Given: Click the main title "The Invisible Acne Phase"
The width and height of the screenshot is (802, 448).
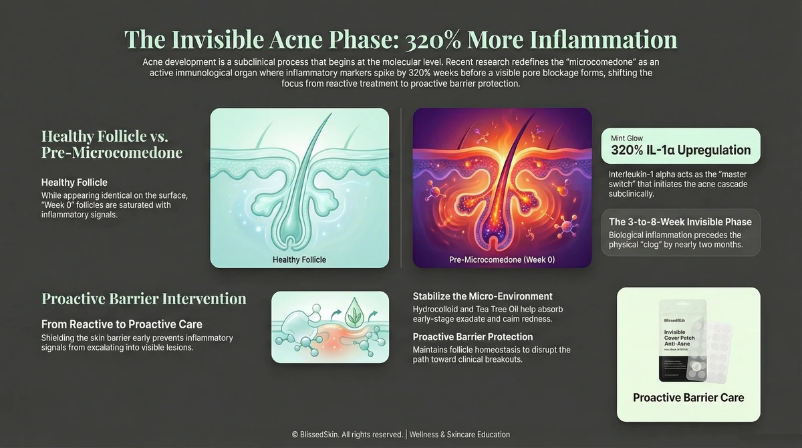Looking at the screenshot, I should (400, 39).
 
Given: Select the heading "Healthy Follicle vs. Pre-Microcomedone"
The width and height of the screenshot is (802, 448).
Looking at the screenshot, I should (112, 144).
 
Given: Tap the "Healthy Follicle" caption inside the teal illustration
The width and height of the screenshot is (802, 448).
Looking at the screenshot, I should (299, 259).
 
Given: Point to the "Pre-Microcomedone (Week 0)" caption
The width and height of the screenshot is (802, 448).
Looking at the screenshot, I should (502, 259).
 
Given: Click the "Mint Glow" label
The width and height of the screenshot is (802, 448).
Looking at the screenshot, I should (627, 138).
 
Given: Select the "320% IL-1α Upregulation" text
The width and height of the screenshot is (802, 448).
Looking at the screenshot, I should (680, 150).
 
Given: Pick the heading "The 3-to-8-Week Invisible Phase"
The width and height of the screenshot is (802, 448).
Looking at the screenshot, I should (680, 222).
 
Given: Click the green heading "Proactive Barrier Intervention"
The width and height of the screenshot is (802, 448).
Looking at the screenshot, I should (144, 299).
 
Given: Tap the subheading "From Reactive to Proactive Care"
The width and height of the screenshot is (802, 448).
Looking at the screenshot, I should (122, 324).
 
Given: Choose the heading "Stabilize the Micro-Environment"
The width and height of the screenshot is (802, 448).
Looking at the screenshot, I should (483, 296).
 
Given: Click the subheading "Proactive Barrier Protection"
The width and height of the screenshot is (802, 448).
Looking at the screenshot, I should (473, 337).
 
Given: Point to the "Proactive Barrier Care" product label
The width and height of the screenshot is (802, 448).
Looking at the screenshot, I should (688, 397).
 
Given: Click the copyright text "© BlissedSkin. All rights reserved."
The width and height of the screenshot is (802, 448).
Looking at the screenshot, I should (347, 435).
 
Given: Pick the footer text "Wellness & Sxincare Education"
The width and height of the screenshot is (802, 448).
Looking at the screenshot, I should (460, 435).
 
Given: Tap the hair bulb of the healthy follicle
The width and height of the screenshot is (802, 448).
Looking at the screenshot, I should (299, 231).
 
